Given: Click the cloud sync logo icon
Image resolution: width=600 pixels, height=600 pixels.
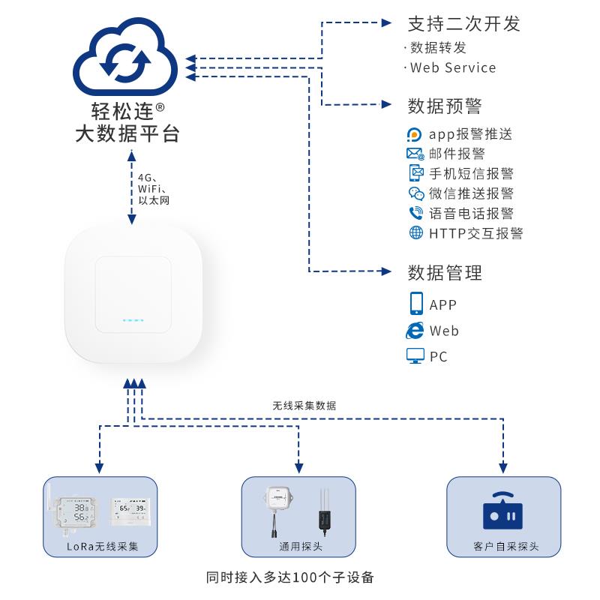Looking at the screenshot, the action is pos(126,58).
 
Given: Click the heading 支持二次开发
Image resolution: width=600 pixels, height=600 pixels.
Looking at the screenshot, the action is pos(463,23).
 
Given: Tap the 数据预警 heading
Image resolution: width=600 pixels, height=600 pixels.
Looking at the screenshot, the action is pos(444,105).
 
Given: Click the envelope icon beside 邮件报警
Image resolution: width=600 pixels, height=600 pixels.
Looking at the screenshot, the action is pos(415,154).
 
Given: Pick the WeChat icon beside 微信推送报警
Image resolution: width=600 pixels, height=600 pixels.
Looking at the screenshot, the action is pos(415,193).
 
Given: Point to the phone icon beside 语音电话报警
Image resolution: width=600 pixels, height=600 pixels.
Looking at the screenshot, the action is pos(415,213).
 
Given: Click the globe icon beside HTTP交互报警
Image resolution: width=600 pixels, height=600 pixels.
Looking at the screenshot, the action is pos(415,232).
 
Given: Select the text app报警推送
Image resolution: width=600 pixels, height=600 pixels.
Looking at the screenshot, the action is pos(470,134).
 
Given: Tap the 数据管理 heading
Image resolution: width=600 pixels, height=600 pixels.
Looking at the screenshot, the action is pos(444,272).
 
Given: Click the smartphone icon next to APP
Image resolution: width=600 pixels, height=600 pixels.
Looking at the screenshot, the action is pos(416,304).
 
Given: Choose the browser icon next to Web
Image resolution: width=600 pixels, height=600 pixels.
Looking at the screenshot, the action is pos(415,330).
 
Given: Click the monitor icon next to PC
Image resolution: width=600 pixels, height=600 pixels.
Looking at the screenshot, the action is pos(415,356).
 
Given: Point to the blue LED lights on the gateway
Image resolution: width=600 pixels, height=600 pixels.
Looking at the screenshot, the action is pos(133,320).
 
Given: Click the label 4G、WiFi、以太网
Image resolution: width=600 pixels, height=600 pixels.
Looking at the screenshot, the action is pos(154,189).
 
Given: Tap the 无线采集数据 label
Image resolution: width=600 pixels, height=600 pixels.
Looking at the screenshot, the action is pos(304,405).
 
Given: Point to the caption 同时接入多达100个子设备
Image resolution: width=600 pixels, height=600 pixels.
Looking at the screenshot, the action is pos(289,578).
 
